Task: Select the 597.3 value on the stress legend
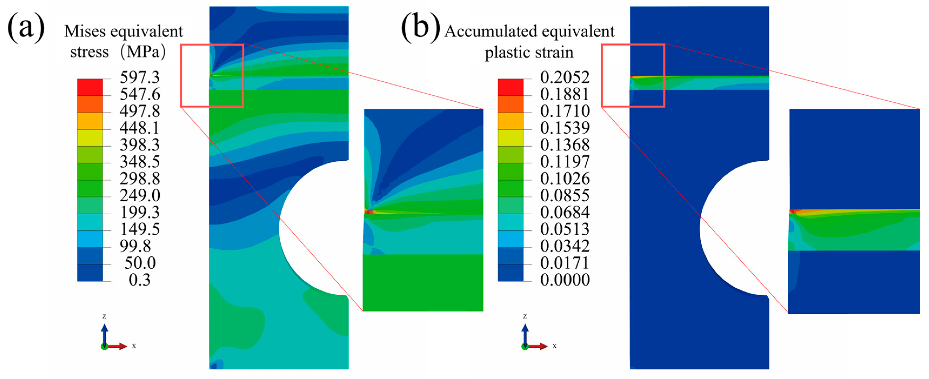pyautogui.click(x=140, y=78)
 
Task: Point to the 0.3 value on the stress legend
pyautogui.click(x=140, y=280)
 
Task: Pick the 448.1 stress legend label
pyautogui.click(x=140, y=128)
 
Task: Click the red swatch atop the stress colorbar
pyautogui.click(x=90, y=87)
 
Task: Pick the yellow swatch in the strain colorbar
pyautogui.click(x=510, y=137)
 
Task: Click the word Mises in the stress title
pyautogui.click(x=85, y=32)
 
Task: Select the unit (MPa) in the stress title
pyautogui.click(x=143, y=52)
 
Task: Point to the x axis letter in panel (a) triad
pyautogui.click(x=134, y=346)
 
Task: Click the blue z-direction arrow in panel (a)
pyautogui.click(x=104, y=334)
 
